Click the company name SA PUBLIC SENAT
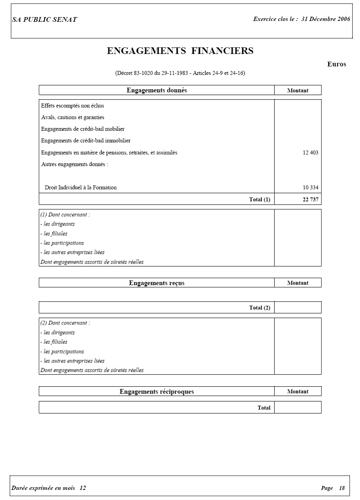point(44,19)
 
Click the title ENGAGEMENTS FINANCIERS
point(180,51)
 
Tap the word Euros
point(336,64)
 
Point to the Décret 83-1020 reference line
point(180,73)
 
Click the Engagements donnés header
point(157,90)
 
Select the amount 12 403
point(310,153)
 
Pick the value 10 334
point(310,187)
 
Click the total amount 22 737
point(310,200)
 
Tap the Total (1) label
point(259,200)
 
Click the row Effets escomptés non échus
point(73,106)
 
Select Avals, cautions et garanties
point(73,117)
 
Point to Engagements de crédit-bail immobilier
point(86,141)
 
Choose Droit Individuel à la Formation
point(80,187)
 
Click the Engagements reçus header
point(157,283)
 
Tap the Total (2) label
point(259,308)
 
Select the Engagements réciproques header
point(157,392)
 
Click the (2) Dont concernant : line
point(65,323)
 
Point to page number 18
point(342,488)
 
